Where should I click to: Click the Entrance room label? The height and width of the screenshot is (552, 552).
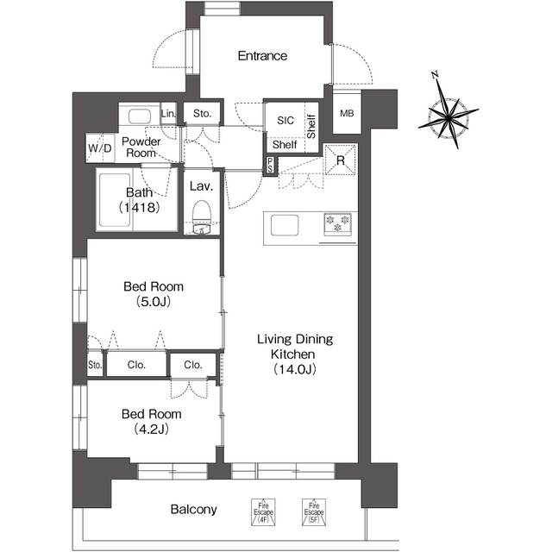click(x=262, y=55)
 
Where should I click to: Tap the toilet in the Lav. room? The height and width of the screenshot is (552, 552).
click(x=202, y=216)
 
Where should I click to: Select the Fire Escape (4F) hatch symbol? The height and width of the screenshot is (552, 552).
click(x=263, y=512)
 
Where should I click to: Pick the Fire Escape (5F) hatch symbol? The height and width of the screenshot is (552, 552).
click(x=314, y=512)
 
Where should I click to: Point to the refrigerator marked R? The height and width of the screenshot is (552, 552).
click(x=341, y=160)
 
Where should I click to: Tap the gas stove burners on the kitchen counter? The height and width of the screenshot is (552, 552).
click(x=337, y=224)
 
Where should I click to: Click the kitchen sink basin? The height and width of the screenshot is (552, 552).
click(x=285, y=225)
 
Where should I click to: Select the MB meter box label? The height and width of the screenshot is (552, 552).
click(x=347, y=113)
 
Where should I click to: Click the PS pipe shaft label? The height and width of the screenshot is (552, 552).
click(x=270, y=165)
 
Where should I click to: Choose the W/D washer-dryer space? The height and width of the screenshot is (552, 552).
click(x=100, y=148)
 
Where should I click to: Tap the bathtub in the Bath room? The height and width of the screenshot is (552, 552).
click(x=115, y=200)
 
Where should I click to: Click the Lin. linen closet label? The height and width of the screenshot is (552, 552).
click(x=168, y=113)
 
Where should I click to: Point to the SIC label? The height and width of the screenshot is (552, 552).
click(x=285, y=121)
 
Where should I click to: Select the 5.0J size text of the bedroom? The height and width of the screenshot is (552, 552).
click(x=154, y=302)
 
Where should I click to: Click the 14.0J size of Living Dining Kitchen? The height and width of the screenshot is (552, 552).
click(x=295, y=369)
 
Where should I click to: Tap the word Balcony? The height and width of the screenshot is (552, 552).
click(x=193, y=510)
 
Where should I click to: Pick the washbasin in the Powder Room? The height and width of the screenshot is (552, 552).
click(x=140, y=116)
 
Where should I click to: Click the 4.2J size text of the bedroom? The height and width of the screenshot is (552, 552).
click(x=152, y=430)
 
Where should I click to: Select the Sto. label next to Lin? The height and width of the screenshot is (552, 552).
click(x=203, y=113)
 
